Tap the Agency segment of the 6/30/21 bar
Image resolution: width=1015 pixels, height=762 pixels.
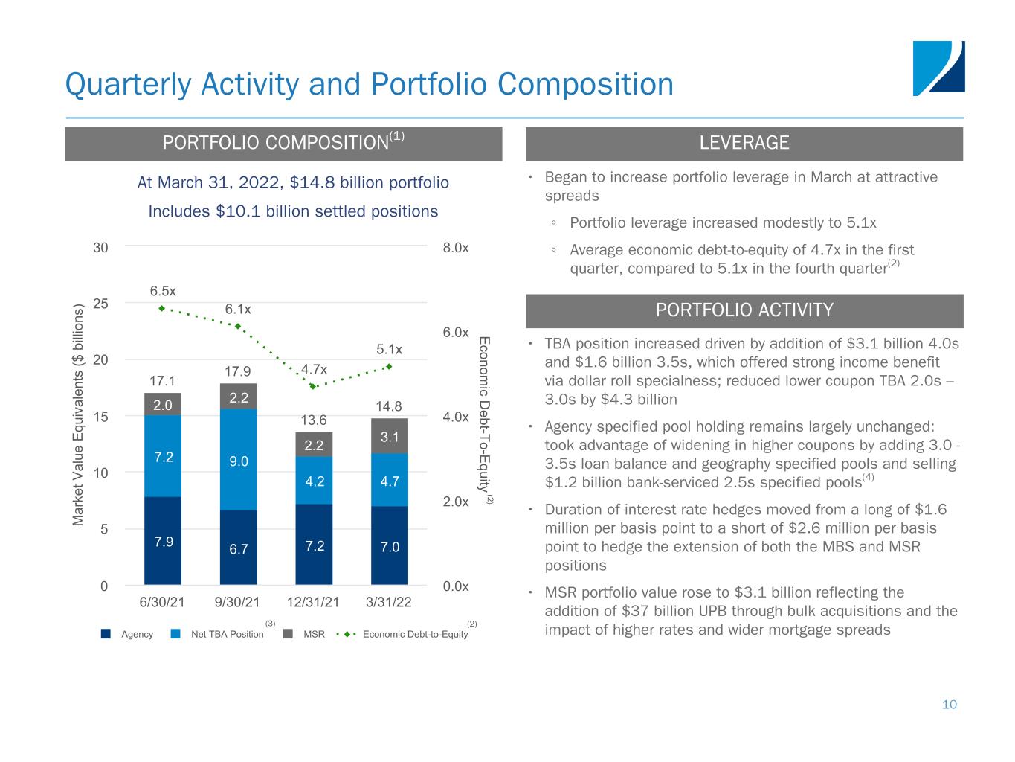[163, 540]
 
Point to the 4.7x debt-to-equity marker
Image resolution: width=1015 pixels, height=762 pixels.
[313, 386]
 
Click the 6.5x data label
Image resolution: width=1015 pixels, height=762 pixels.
[163, 290]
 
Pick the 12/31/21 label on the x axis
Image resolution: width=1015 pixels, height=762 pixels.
[313, 602]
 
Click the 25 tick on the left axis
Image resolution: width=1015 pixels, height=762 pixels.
[100, 304]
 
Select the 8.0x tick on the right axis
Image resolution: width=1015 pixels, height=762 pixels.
[456, 247]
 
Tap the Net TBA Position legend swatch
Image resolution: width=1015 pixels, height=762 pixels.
[176, 635]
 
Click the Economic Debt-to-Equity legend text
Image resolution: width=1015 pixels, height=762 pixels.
[415, 635]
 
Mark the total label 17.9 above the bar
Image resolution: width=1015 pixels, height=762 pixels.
[238, 371]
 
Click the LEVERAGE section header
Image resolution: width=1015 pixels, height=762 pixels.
[744, 144]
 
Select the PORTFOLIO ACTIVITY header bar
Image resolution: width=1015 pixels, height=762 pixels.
[744, 311]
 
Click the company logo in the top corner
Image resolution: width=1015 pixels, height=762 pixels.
[938, 68]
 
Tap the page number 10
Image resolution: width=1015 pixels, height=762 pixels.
[949, 705]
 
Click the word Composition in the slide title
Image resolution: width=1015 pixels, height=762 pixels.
[585, 84]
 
